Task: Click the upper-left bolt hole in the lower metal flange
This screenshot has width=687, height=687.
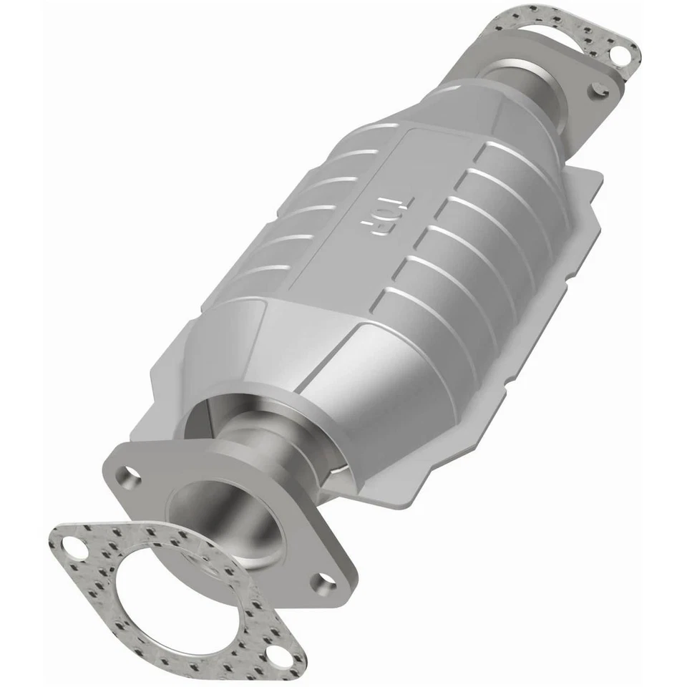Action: coord(132,474)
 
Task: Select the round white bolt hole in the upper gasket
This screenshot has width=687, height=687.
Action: coord(621,53)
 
